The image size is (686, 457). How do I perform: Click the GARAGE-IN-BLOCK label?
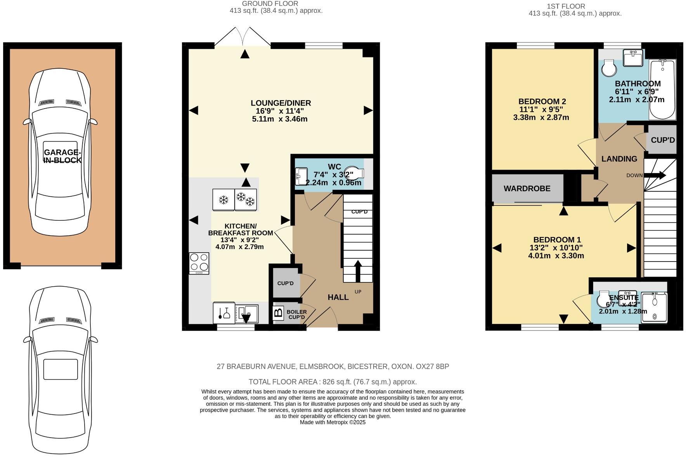tap(62, 156)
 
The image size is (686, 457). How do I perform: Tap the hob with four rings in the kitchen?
tap(199, 263)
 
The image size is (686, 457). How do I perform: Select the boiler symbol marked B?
tap(278, 313)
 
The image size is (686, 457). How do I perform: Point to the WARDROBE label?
tap(527, 189)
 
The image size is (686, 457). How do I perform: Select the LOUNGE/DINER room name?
tap(281, 103)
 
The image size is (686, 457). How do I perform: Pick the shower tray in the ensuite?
tap(654, 308)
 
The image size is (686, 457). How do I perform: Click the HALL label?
tap(338, 297)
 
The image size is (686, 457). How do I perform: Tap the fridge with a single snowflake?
tap(223, 200)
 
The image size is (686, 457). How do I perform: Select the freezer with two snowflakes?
tap(246, 200)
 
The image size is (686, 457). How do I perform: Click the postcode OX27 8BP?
tap(432, 366)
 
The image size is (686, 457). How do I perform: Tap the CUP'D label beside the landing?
tap(663, 140)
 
